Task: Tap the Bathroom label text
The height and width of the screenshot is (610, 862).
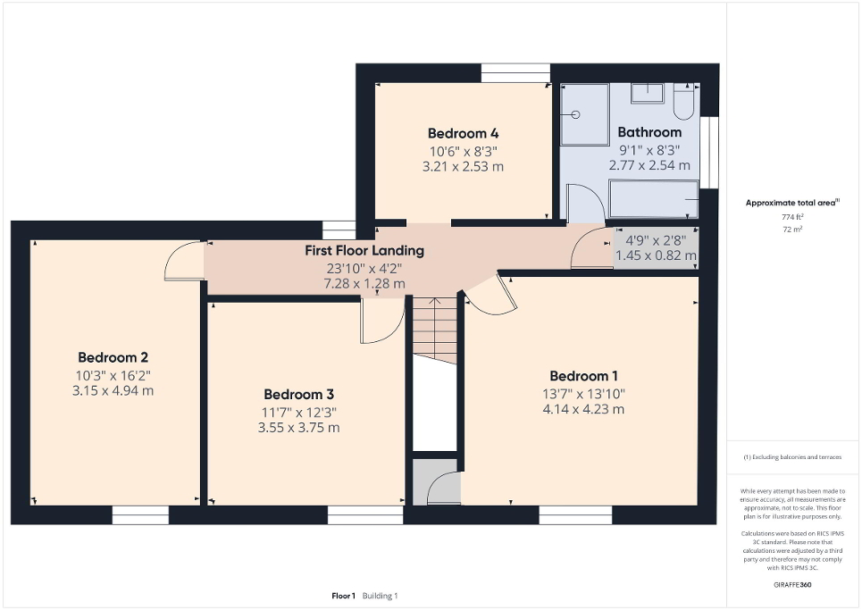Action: click(x=649, y=132)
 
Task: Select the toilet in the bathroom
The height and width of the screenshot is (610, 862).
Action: click(x=683, y=102)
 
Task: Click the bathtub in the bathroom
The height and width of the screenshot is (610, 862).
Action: click(x=653, y=199)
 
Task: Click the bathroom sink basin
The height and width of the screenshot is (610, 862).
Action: click(x=648, y=93)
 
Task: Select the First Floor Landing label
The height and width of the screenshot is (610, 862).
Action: click(x=364, y=251)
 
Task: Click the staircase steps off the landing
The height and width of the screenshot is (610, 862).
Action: click(x=434, y=327)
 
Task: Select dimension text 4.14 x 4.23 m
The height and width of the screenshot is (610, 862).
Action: click(x=583, y=410)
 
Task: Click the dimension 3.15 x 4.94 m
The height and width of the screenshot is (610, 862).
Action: click(x=112, y=390)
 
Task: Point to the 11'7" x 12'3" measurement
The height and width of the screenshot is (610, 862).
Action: click(x=299, y=412)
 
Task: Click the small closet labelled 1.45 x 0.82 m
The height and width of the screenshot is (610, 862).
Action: click(x=655, y=247)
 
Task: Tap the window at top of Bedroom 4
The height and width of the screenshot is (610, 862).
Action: click(x=515, y=73)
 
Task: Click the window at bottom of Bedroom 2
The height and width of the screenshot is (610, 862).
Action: click(x=140, y=514)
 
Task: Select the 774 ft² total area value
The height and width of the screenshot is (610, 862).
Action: click(x=793, y=217)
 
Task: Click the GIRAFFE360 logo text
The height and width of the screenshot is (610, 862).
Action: click(x=793, y=585)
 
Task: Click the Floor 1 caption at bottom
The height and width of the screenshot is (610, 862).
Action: click(x=344, y=596)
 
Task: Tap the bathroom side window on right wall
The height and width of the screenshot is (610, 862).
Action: click(x=709, y=152)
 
